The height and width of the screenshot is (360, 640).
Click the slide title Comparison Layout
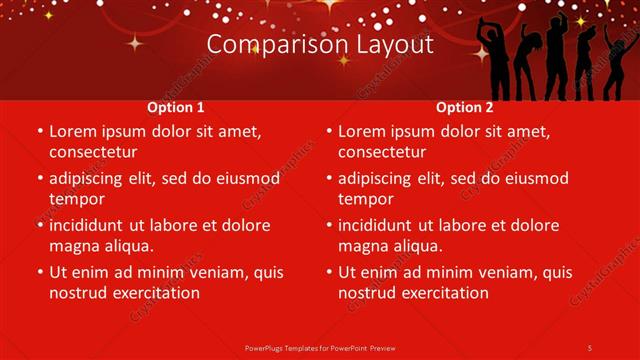320,45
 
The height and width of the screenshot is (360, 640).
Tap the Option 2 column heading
465,107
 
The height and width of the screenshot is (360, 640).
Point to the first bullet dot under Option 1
40,132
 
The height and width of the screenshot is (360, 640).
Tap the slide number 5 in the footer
590,347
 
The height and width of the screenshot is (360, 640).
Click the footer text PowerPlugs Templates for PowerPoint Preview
320,347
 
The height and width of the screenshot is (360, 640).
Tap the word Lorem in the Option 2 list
361,131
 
